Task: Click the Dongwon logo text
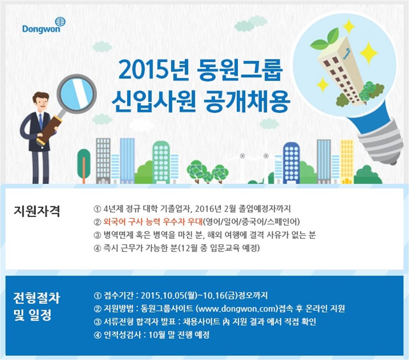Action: point(41,29)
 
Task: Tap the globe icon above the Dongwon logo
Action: point(60,22)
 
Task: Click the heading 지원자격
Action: point(37,211)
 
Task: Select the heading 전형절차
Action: point(37,298)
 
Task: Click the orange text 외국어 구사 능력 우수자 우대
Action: point(153,222)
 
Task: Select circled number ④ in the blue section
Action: point(97,335)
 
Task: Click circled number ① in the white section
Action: point(97,209)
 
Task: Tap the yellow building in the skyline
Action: point(347,162)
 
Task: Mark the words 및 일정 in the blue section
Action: point(33,315)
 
